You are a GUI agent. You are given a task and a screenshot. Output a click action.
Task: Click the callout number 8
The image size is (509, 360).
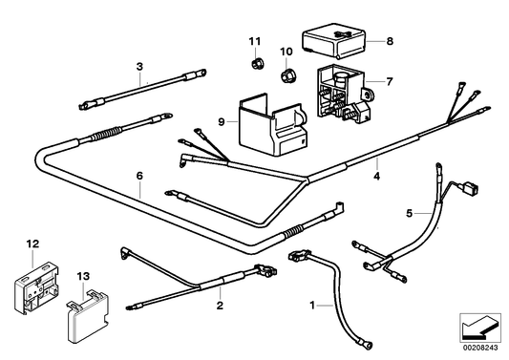[x=390, y=41]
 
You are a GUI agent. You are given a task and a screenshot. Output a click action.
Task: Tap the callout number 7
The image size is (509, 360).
[x=390, y=81]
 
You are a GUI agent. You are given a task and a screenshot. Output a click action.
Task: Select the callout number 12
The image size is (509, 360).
[x=32, y=244]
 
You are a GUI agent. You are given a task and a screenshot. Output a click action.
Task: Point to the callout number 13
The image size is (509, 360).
[x=83, y=277]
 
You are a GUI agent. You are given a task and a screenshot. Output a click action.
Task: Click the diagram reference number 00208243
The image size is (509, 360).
[x=480, y=348]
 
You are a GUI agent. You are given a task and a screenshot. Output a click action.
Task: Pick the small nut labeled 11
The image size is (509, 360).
[x=258, y=63]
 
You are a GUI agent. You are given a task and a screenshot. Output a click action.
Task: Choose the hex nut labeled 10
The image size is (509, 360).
[x=286, y=75]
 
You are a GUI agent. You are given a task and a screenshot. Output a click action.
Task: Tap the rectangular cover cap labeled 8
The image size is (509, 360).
[x=333, y=40]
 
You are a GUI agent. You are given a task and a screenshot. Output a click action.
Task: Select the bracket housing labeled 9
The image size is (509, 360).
[x=273, y=125]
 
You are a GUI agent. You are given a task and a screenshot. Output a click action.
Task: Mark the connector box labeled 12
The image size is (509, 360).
[x=36, y=287]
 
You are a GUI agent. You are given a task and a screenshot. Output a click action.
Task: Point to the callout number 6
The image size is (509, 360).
[x=139, y=176]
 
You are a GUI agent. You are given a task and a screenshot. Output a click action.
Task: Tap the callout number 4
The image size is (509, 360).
[x=376, y=177]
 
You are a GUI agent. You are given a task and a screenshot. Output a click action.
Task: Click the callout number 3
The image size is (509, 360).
[x=139, y=67]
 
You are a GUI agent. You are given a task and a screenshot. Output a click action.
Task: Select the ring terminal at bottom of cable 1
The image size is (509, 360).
[x=365, y=344]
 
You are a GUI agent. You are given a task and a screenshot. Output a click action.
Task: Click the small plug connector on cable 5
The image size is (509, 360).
[x=471, y=189]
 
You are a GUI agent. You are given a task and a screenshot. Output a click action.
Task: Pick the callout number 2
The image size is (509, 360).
[x=220, y=306]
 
